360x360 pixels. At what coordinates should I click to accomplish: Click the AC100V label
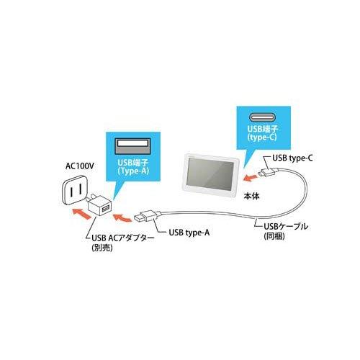coord(80,166)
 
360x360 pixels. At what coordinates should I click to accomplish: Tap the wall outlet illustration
coord(73,190)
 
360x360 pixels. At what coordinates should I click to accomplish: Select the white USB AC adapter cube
coord(99,206)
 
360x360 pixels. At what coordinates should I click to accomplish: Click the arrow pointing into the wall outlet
coord(81,214)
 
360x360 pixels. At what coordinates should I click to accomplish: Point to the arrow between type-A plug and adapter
coord(122,217)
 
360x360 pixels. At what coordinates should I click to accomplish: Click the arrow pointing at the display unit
coord(249,178)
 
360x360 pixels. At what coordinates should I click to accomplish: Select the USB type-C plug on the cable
coord(268,171)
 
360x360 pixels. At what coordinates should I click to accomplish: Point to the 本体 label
coord(251,197)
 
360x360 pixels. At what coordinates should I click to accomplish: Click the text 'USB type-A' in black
coord(189,233)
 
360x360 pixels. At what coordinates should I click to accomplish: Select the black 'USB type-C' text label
coord(292,158)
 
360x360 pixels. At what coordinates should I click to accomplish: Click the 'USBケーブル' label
coord(286,226)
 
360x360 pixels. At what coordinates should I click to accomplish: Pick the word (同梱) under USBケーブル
coord(274,236)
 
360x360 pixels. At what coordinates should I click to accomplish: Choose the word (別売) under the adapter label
coord(102,248)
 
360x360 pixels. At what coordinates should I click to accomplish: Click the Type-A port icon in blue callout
coord(133,146)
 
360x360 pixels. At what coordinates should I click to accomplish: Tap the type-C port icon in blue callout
coord(263,117)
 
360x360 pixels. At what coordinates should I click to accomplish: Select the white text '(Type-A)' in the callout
coord(133,171)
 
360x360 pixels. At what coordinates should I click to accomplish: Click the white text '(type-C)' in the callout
coord(263,138)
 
